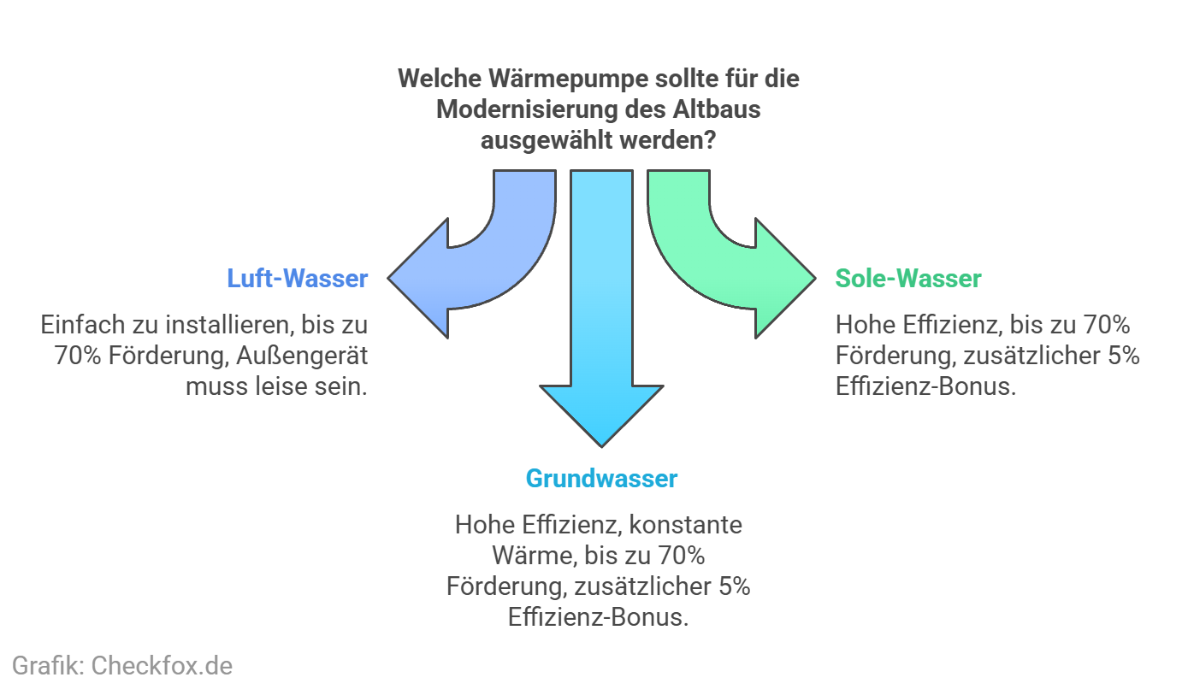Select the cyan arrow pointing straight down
[601, 342]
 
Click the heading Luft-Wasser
[298, 279]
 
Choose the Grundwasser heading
[601, 478]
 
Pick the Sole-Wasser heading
[908, 279]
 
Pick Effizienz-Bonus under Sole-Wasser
[926, 386]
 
